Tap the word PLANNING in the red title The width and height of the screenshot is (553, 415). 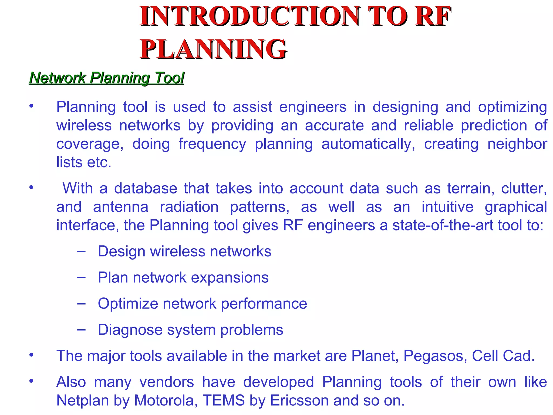point(213,49)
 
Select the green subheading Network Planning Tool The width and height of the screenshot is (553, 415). point(107,78)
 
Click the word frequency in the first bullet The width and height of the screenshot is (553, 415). point(212,144)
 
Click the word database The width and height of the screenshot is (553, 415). point(146,188)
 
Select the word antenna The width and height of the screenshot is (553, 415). point(121,207)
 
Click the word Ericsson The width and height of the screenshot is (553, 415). point(299,400)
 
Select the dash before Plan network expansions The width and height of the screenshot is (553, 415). point(81,277)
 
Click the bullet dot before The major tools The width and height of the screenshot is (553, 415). point(32,355)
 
